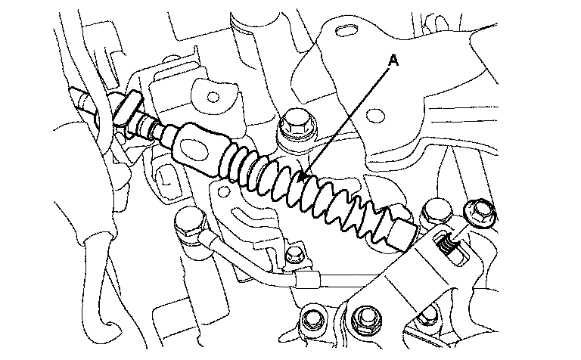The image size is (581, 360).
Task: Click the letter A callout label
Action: (x=393, y=61)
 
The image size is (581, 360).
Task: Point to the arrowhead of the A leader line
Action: (x=304, y=176)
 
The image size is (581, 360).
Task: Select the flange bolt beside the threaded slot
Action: (x=480, y=213)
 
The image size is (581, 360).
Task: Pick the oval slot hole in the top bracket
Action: (x=347, y=30)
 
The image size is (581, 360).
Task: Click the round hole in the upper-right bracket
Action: (x=375, y=115)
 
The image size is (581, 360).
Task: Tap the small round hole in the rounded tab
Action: (x=213, y=97)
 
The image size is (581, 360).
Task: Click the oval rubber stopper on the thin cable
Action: (x=128, y=107)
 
